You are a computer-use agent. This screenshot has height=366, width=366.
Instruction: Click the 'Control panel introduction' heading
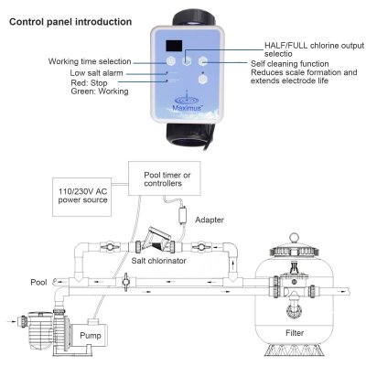tap(70, 22)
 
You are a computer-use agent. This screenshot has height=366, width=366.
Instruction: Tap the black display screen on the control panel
tap(174, 46)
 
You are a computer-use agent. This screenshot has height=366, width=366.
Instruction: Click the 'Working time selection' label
tap(90, 61)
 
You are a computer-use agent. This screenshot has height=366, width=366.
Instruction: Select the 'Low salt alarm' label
tap(96, 73)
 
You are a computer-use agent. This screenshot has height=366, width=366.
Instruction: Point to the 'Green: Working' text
tap(100, 91)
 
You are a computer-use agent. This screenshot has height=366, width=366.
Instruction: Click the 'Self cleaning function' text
tap(290, 64)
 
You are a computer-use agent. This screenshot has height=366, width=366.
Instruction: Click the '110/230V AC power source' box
tap(82, 197)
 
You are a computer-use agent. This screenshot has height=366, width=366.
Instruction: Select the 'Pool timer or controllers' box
tap(165, 178)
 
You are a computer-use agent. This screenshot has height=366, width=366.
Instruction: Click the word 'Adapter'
tap(210, 220)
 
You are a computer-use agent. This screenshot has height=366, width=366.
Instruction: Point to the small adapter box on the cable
tap(183, 215)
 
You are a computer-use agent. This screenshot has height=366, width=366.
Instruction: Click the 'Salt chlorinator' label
tap(158, 261)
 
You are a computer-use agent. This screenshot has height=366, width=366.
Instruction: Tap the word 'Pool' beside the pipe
tap(38, 282)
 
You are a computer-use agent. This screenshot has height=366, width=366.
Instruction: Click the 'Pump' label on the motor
tap(91, 336)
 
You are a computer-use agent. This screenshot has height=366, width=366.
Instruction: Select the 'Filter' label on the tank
tap(295, 333)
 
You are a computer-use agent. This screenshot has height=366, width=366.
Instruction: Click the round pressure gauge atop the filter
tap(294, 238)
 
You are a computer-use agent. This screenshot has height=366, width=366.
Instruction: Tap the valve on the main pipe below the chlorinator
tap(125, 282)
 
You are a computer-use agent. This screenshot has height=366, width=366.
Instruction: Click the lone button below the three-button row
tap(202, 80)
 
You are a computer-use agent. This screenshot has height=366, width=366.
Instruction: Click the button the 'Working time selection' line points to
tap(171, 61)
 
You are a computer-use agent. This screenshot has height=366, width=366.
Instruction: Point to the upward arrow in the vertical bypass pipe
tap(233, 264)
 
